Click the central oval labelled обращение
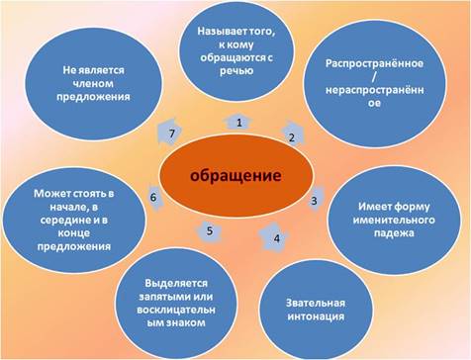pos(236,176)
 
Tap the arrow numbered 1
pos(238,121)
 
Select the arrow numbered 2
pos(292,136)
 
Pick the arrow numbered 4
pos(276,237)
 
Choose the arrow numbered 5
pos(209,232)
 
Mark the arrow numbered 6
pos(153,197)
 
